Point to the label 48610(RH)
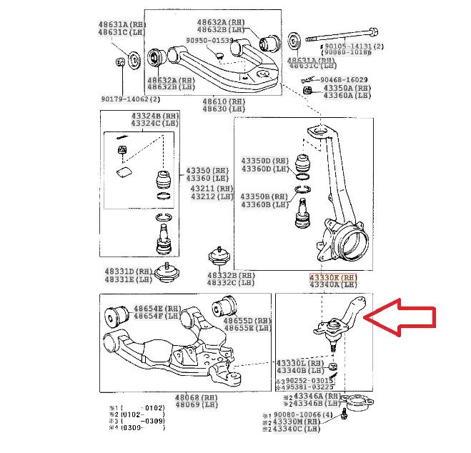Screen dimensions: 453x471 click(223, 101)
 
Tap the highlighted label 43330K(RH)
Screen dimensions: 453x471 click(332, 277)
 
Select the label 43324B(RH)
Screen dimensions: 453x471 click(155, 116)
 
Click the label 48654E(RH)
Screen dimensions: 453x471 click(155, 307)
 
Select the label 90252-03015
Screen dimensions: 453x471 click(305, 381)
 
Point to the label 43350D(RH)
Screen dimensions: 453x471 click(265, 161)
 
